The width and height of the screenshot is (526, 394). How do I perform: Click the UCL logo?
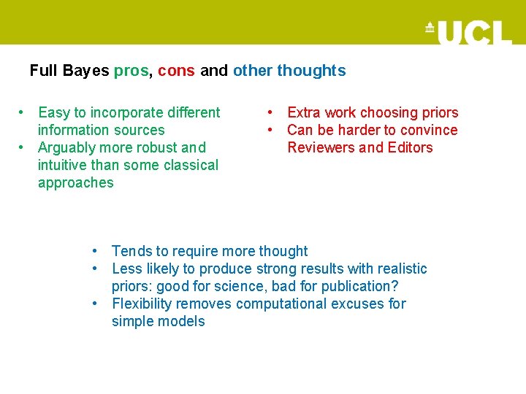[468, 32]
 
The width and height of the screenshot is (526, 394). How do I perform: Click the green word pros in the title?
[131, 72]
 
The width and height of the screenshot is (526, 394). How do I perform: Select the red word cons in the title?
[176, 72]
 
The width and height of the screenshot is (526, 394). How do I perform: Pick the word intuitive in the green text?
[63, 165]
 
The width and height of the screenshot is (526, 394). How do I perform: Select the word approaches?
[76, 182]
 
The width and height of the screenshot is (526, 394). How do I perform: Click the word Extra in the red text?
[304, 112]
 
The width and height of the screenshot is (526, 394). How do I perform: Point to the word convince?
[429, 130]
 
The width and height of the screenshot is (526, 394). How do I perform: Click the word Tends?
[132, 251]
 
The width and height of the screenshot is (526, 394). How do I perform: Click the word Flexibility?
[145, 304]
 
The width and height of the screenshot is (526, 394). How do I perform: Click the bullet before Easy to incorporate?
[23, 112]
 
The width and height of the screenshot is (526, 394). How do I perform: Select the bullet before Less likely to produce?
[96, 269]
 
